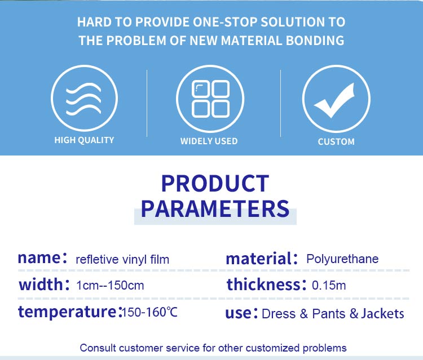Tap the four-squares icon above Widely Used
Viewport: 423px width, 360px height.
click(211, 99)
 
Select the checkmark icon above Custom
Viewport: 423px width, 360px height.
click(334, 100)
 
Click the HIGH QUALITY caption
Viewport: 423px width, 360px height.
click(84, 140)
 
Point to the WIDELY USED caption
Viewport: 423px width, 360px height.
click(209, 141)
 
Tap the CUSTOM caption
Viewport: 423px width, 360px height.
click(336, 142)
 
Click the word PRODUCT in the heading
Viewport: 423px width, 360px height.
click(215, 184)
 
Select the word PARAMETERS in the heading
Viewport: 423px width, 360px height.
click(215, 208)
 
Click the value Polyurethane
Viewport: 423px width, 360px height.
click(342, 259)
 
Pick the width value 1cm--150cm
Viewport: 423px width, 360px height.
click(110, 286)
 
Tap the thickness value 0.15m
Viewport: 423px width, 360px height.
click(329, 286)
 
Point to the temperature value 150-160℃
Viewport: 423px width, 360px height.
click(149, 312)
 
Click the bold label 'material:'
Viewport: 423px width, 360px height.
click(262, 258)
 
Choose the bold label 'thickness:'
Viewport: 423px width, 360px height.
click(267, 285)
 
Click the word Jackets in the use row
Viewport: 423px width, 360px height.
click(382, 314)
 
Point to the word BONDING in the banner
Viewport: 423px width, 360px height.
click(315, 41)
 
